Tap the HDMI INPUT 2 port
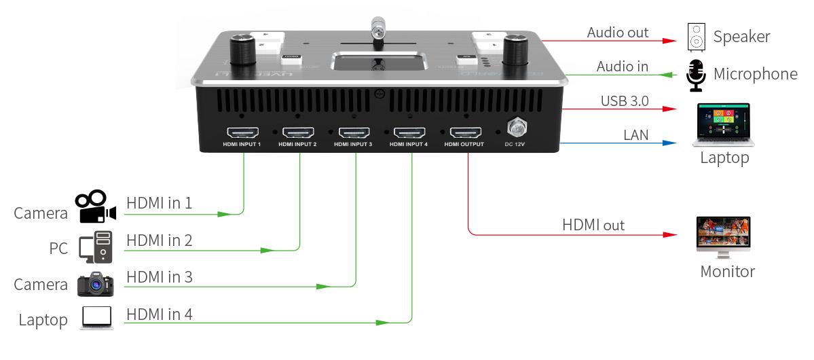click(x=298, y=132)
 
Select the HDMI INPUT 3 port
click(x=354, y=132)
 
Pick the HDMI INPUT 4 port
click(x=409, y=132)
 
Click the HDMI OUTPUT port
click(x=466, y=132)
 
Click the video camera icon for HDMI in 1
click(x=94, y=206)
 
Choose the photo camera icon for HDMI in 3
click(x=95, y=284)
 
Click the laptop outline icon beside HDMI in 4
click(x=96, y=318)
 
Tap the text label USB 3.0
click(x=624, y=101)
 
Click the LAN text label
click(x=635, y=135)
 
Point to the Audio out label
click(x=617, y=33)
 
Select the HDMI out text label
click(x=593, y=225)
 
